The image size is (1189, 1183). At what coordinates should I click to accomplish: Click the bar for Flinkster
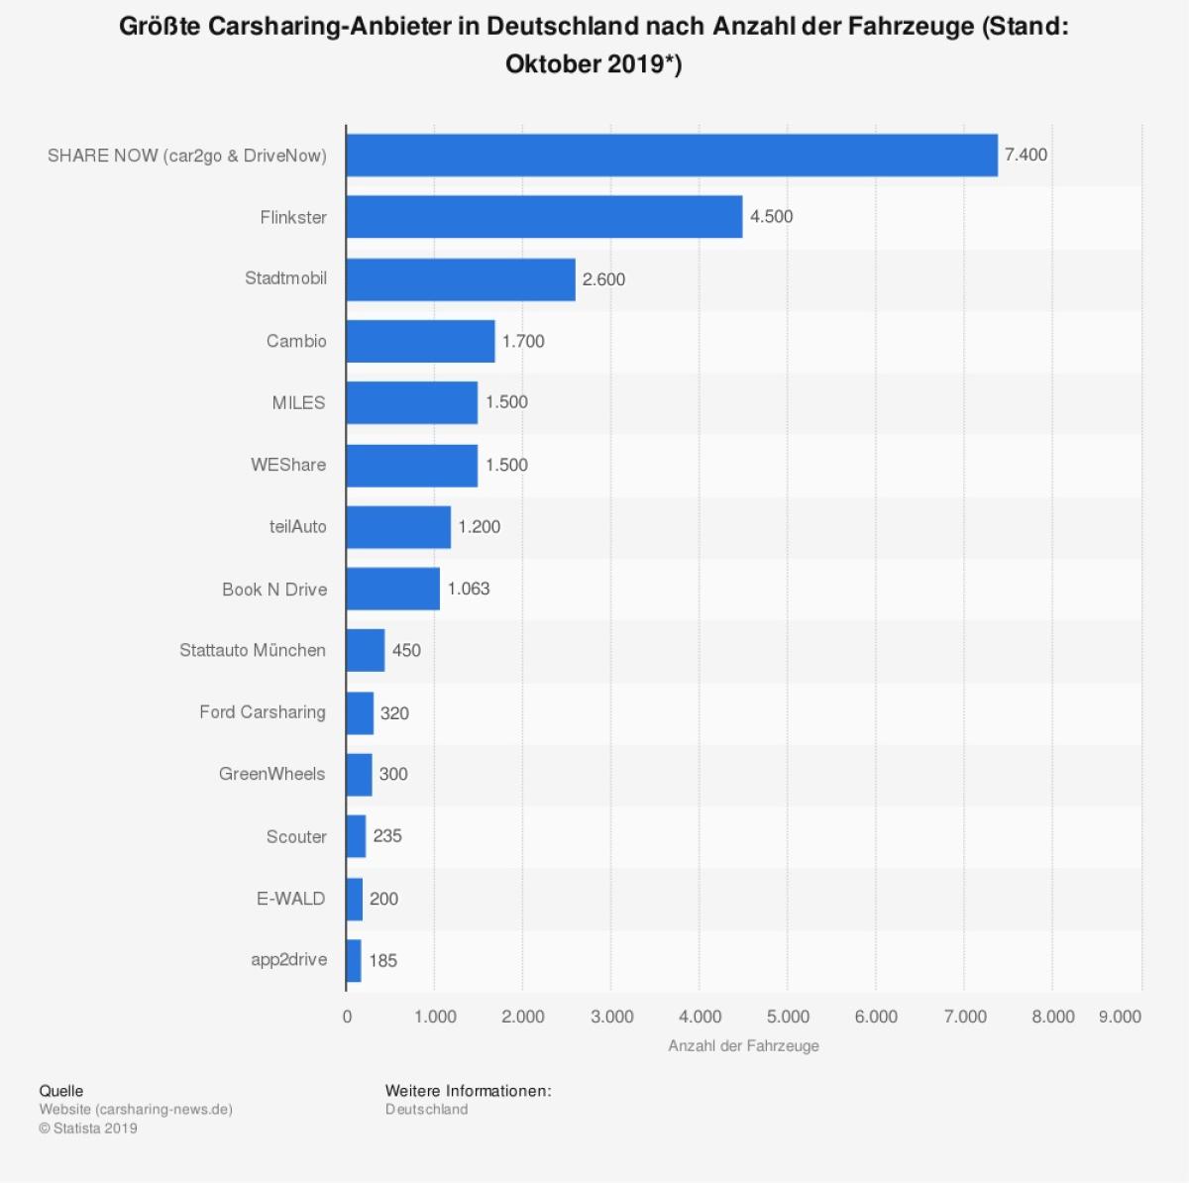[544, 217]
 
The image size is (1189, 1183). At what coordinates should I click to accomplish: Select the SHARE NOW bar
[672, 156]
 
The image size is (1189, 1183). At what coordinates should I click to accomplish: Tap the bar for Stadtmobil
[461, 279]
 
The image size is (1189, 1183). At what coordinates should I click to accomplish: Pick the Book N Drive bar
[392, 589]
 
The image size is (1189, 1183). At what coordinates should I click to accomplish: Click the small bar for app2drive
[354, 960]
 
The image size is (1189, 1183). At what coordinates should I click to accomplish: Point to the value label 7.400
[1026, 155]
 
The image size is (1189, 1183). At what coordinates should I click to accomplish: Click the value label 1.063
[469, 589]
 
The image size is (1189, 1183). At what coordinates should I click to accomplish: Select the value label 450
[406, 651]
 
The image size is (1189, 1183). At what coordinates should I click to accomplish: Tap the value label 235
[387, 836]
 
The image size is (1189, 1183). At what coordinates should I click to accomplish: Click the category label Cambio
[296, 341]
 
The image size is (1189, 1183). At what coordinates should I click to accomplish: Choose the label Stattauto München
[253, 650]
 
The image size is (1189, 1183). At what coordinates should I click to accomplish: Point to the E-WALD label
[290, 899]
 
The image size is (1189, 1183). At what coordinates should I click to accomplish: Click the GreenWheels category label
[271, 774]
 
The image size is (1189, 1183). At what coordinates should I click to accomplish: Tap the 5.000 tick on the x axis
[789, 1017]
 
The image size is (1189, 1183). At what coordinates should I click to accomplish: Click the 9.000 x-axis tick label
[1120, 1017]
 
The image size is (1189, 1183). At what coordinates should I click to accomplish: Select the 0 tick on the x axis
[347, 1017]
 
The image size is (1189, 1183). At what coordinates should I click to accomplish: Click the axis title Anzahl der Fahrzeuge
[743, 1046]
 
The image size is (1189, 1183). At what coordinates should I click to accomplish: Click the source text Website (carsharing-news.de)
[136, 1110]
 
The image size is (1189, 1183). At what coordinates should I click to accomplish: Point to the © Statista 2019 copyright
[88, 1129]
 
